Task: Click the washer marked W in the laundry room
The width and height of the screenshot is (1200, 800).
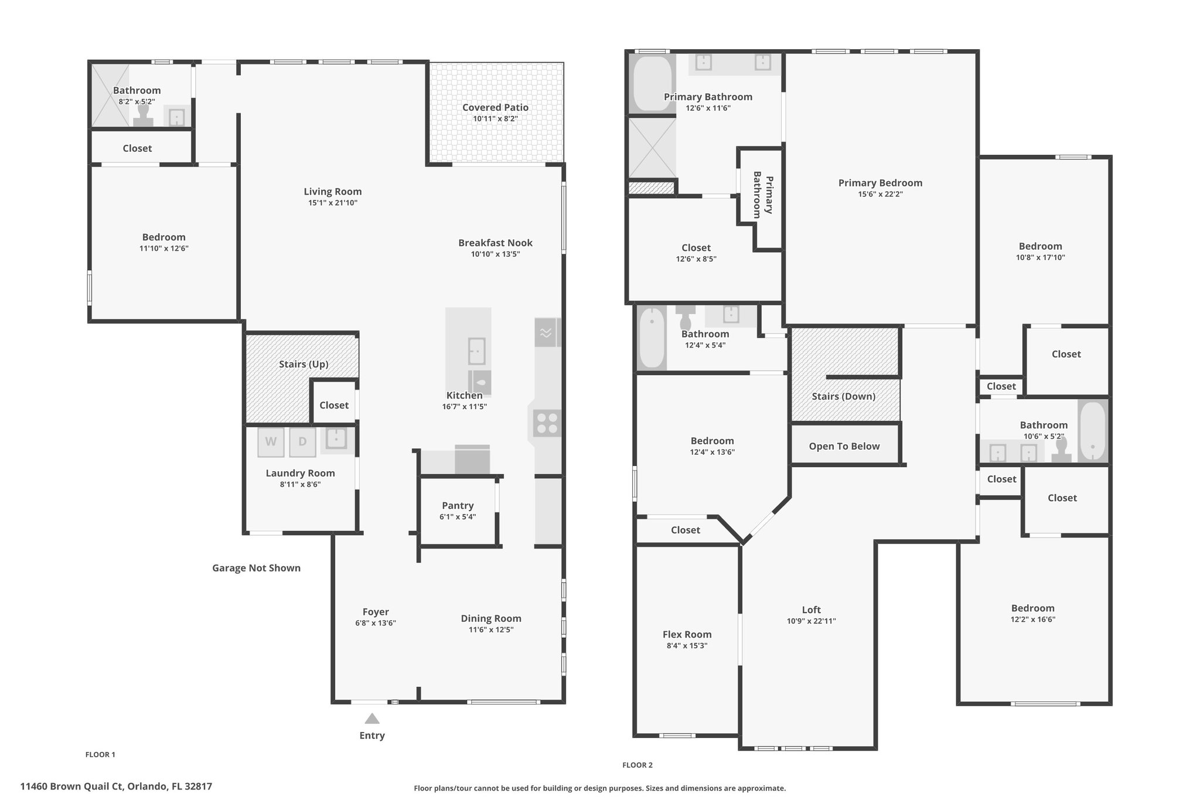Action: [x=271, y=442]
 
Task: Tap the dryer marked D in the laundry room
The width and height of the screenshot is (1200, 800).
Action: [x=302, y=442]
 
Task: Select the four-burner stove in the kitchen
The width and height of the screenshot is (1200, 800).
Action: [x=547, y=423]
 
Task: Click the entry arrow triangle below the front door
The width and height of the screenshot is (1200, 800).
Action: [x=372, y=719]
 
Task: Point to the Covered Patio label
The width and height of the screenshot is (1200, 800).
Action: [x=495, y=107]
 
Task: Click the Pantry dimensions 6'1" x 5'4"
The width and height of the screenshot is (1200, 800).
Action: [x=458, y=517]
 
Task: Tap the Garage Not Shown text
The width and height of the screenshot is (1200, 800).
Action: [x=256, y=568]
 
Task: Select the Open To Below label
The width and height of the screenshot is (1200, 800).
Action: [x=844, y=447]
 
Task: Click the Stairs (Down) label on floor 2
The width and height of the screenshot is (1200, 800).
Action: [x=844, y=397]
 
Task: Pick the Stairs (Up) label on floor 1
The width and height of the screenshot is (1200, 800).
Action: [x=304, y=365]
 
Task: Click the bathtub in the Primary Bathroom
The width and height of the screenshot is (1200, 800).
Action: [x=652, y=84]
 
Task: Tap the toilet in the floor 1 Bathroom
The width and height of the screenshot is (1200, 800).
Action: [x=143, y=115]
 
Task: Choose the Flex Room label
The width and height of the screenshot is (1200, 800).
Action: [x=687, y=635]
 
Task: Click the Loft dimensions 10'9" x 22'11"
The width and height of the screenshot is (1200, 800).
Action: [x=812, y=621]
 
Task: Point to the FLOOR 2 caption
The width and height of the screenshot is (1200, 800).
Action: [x=637, y=765]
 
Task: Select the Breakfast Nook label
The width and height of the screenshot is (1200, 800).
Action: [x=495, y=243]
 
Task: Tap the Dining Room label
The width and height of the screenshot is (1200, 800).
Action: [x=491, y=618]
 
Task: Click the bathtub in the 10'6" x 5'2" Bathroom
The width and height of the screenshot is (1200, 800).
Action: [x=1092, y=430]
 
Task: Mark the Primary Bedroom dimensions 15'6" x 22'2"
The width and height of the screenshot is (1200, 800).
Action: [x=880, y=194]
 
